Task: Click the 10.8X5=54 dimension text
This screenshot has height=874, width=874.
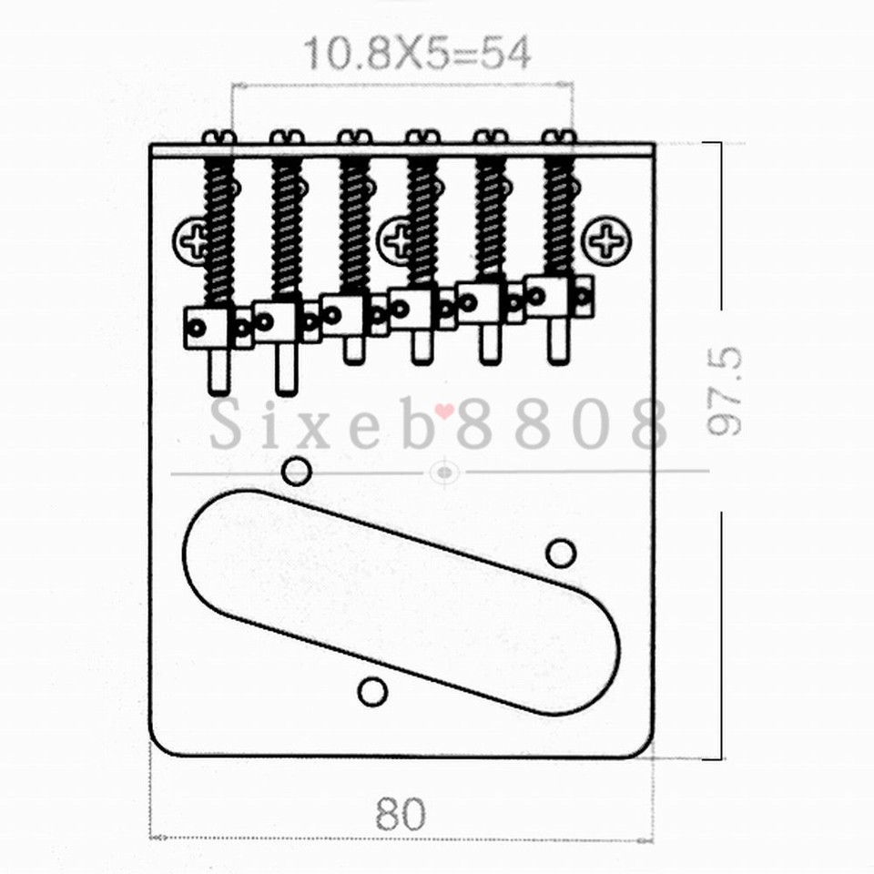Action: (x=416, y=54)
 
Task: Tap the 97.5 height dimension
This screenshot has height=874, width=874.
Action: (x=726, y=391)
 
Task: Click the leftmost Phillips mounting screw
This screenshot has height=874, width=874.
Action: (x=193, y=240)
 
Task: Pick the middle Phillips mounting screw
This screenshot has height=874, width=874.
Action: (x=399, y=240)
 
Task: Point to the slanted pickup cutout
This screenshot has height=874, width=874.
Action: (x=401, y=601)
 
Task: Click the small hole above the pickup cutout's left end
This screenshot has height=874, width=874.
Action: (x=295, y=471)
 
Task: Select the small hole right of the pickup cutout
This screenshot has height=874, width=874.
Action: (x=561, y=552)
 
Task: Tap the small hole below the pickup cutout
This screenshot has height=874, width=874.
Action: (x=372, y=692)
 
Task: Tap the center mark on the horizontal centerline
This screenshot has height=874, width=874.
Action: (x=443, y=473)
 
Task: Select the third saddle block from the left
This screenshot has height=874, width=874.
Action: (x=344, y=314)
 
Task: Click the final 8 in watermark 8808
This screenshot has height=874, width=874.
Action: (x=648, y=424)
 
